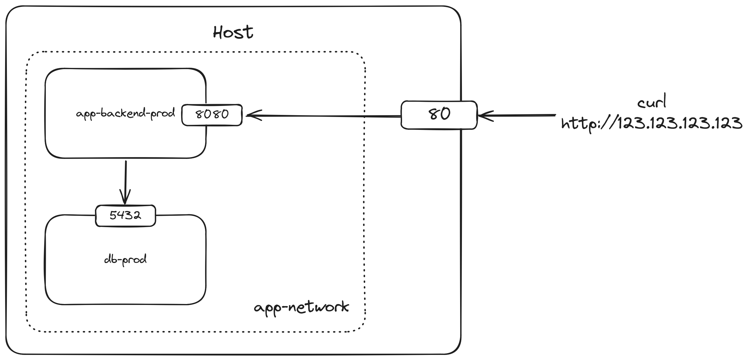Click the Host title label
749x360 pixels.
[233, 32]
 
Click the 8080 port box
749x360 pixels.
[212, 115]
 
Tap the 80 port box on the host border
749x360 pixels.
[439, 115]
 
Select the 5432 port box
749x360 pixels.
[125, 215]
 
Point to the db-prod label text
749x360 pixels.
[125, 259]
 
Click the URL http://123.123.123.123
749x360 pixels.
[651, 123]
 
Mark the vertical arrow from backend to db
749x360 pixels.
[125, 180]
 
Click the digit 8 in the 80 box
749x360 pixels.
[434, 114]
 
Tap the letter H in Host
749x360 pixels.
[218, 32]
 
